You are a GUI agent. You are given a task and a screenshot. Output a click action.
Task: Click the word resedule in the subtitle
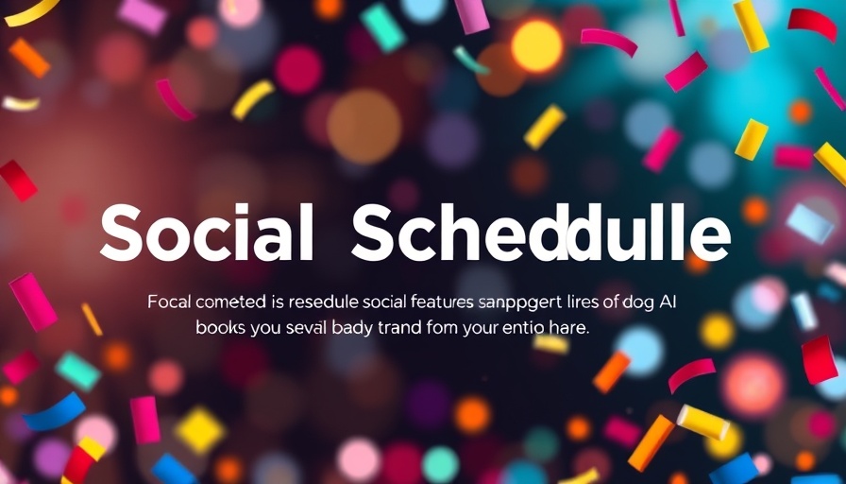[315, 303]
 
